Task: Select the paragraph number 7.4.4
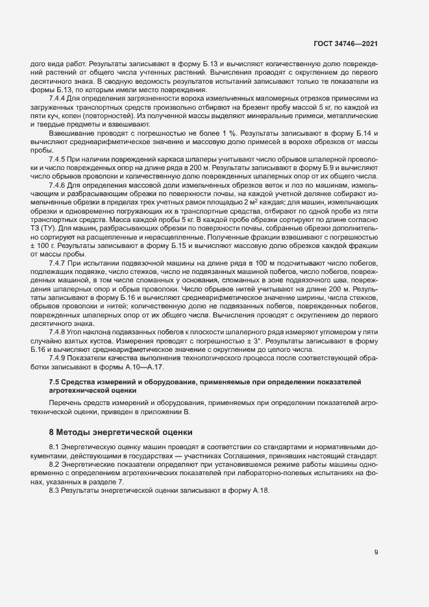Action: [60, 97]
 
